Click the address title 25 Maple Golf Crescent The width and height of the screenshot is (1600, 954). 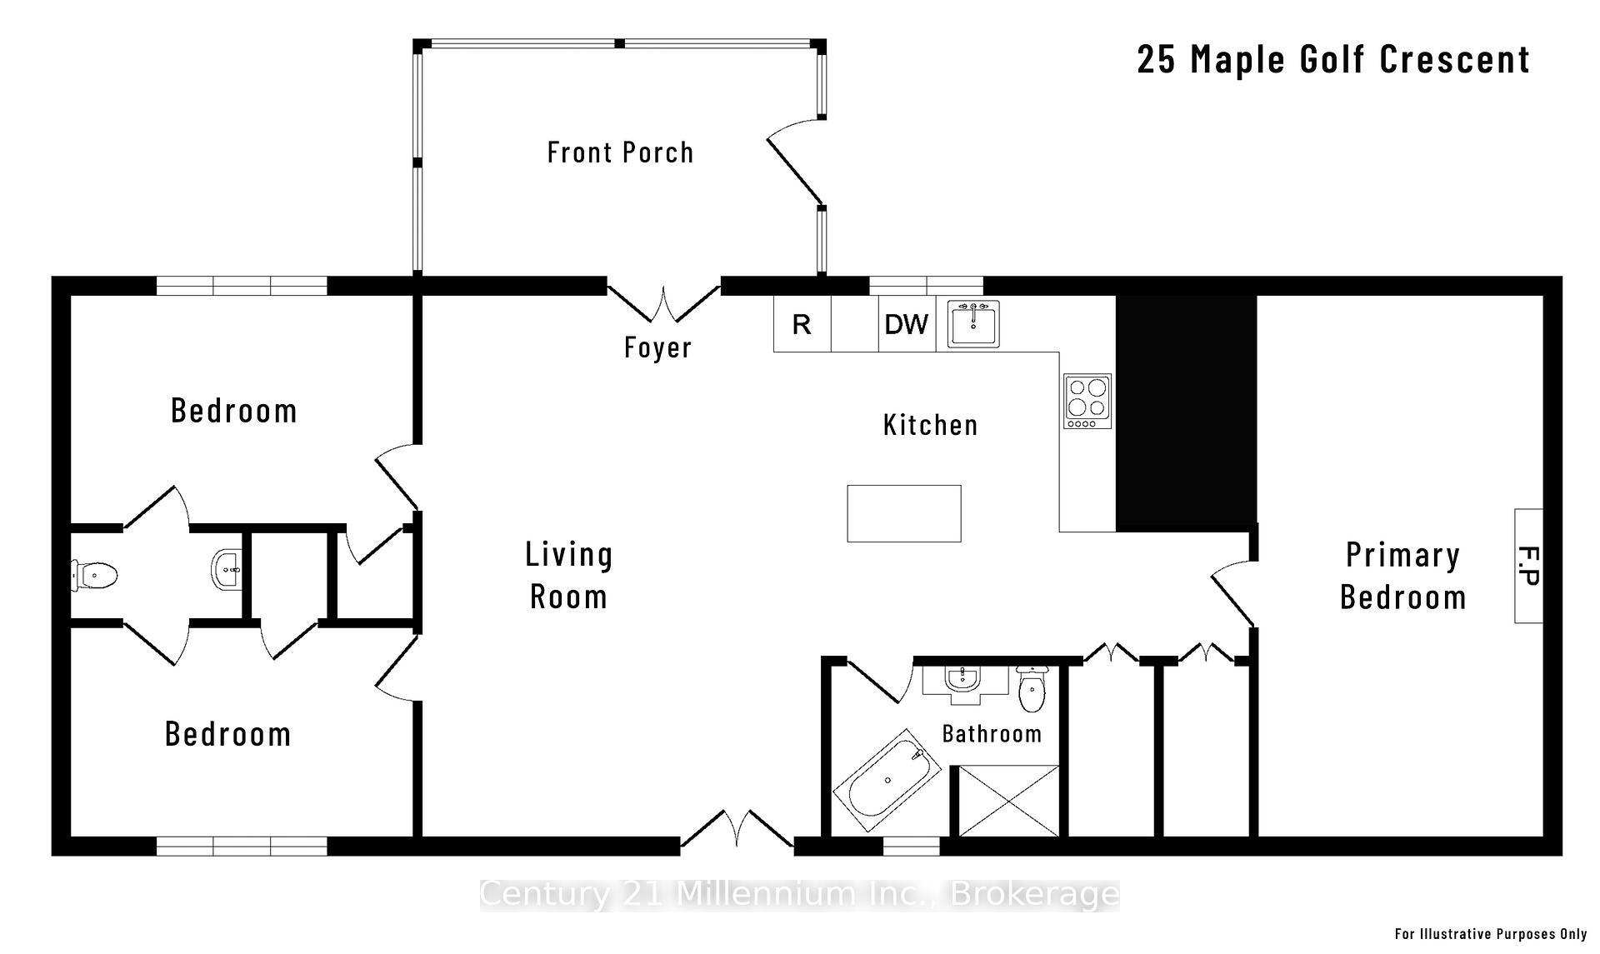tap(1332, 59)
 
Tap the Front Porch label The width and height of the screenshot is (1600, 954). tap(620, 152)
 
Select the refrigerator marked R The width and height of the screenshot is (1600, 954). tap(802, 324)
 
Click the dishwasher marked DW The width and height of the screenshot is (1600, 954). tap(906, 324)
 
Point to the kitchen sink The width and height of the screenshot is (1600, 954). tap(973, 324)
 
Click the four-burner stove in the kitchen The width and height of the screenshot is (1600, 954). tap(1087, 401)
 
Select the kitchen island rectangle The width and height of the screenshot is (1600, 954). tap(903, 513)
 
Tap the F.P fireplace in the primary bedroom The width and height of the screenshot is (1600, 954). tap(1527, 566)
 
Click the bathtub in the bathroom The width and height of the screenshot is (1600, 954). tap(887, 780)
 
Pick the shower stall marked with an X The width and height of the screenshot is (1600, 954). tap(1008, 801)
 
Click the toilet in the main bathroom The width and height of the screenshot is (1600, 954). tap(1032, 691)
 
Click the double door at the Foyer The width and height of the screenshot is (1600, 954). tap(663, 304)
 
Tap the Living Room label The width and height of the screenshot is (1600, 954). tap(569, 576)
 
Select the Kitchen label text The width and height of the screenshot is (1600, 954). tap(930, 425)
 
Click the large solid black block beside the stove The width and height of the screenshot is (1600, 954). tap(1185, 412)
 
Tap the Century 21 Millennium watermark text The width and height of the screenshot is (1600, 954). tap(799, 894)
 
